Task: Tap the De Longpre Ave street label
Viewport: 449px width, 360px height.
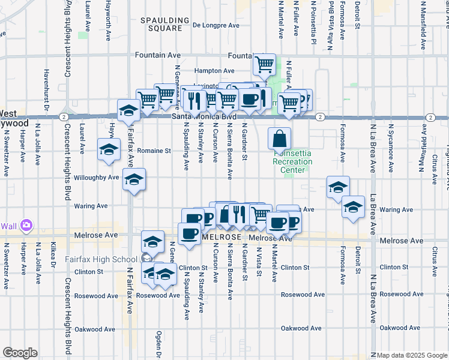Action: click(x=217, y=25)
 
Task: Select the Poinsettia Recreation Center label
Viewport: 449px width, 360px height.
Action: click(x=292, y=162)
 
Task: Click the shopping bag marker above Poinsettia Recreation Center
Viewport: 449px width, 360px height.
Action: click(x=280, y=140)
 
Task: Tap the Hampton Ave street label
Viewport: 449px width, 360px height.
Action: click(x=214, y=70)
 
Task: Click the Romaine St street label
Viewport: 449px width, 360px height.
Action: click(x=154, y=151)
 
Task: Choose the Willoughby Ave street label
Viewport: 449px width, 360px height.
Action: click(x=96, y=178)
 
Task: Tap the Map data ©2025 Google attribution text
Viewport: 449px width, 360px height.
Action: click(x=412, y=355)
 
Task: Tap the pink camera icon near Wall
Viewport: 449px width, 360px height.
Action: click(x=26, y=226)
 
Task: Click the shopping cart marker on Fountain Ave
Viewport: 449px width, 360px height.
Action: click(x=264, y=64)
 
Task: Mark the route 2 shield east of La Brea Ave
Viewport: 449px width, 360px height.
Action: click(x=430, y=117)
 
